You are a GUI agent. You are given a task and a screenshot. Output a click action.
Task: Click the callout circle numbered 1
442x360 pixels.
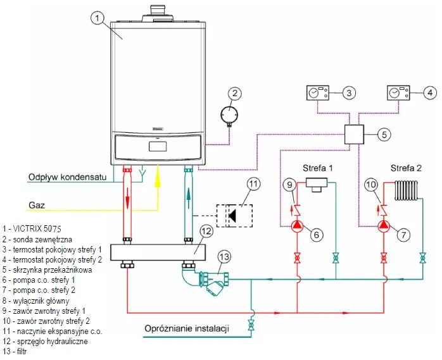[x=97, y=18]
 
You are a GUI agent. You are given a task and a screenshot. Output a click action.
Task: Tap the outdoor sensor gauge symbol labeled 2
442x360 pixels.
[x=225, y=116]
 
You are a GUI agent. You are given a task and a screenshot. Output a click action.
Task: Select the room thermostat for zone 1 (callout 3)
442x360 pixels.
[x=317, y=93]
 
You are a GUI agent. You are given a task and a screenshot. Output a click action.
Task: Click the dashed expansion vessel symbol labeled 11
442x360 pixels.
[x=234, y=214]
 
